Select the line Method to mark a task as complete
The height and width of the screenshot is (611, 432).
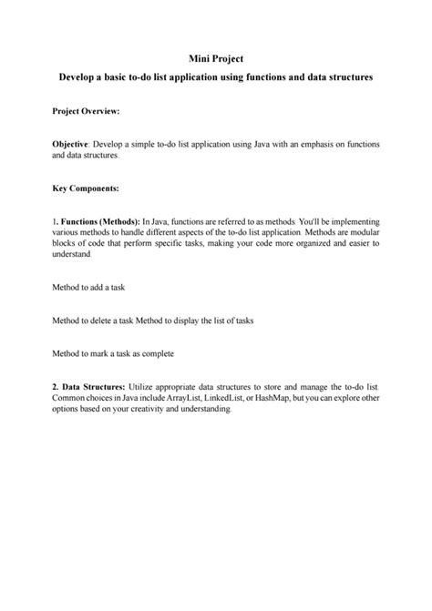[112, 352]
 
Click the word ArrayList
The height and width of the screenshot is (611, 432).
[182, 398]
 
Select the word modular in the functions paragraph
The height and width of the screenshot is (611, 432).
[362, 234]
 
